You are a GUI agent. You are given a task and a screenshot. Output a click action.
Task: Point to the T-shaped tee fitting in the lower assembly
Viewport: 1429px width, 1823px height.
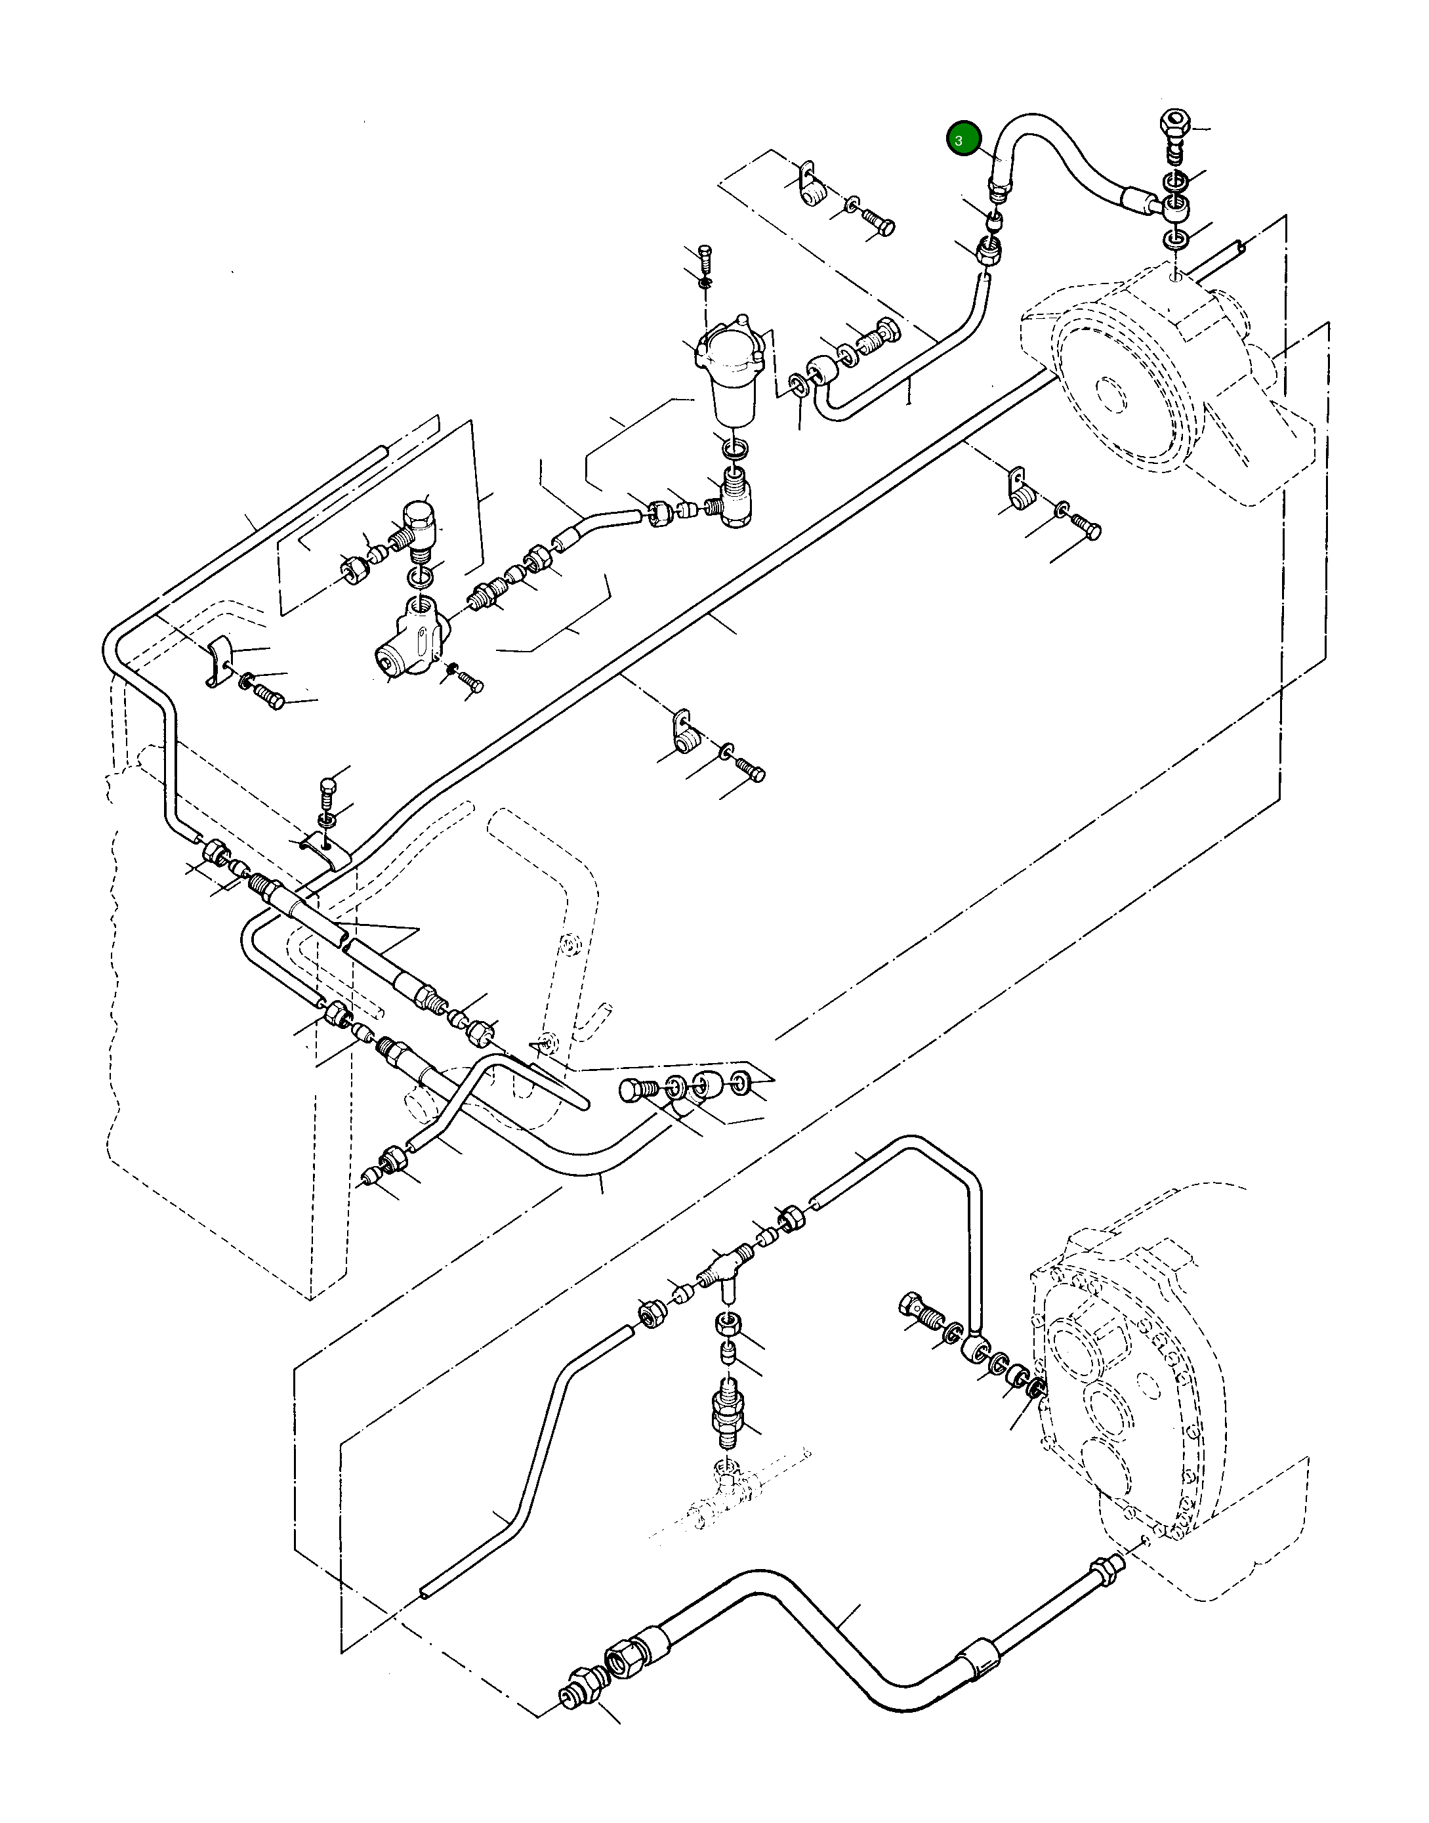(x=723, y=1267)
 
